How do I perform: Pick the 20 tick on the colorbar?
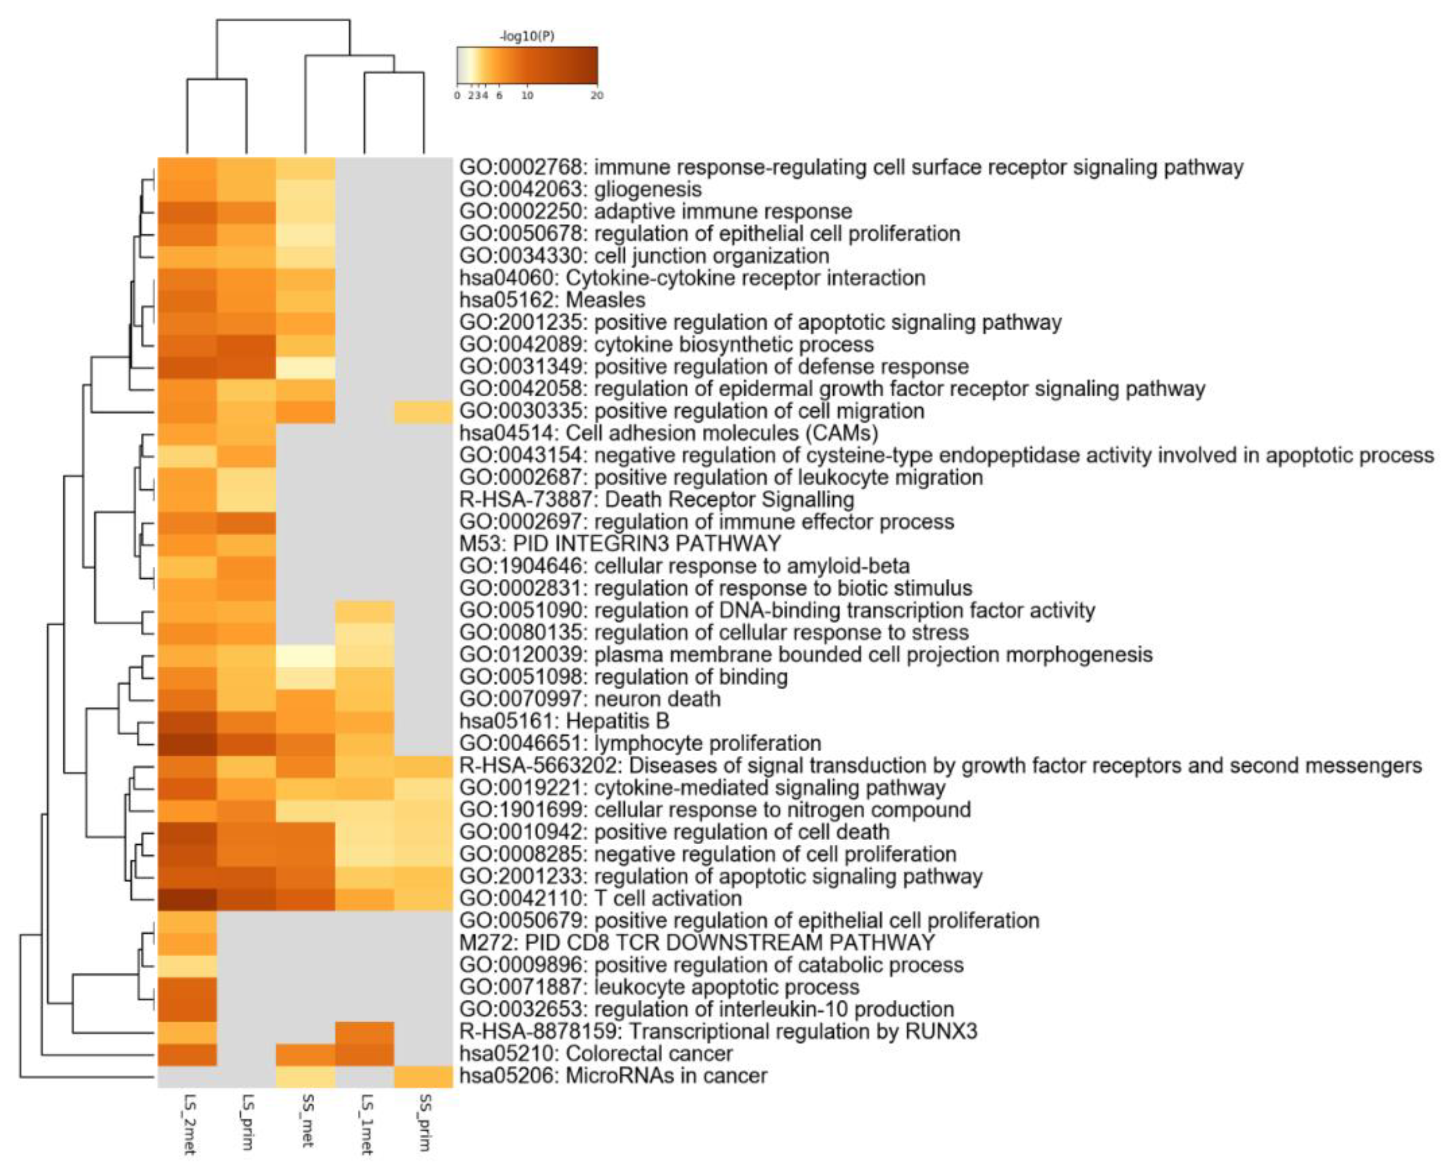click(x=596, y=95)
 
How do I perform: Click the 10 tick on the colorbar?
click(x=527, y=95)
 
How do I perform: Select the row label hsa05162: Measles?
click(x=552, y=300)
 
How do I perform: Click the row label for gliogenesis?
click(x=580, y=189)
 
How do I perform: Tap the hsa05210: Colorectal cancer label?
click(x=595, y=1053)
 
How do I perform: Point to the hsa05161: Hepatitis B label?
click(x=564, y=721)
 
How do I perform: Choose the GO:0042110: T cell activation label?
click(x=600, y=898)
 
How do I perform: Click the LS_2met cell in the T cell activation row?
click(x=187, y=898)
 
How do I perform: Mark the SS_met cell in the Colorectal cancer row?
click(x=306, y=1053)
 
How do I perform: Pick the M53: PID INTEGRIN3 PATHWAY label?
click(x=620, y=543)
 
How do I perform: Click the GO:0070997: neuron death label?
click(x=590, y=699)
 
